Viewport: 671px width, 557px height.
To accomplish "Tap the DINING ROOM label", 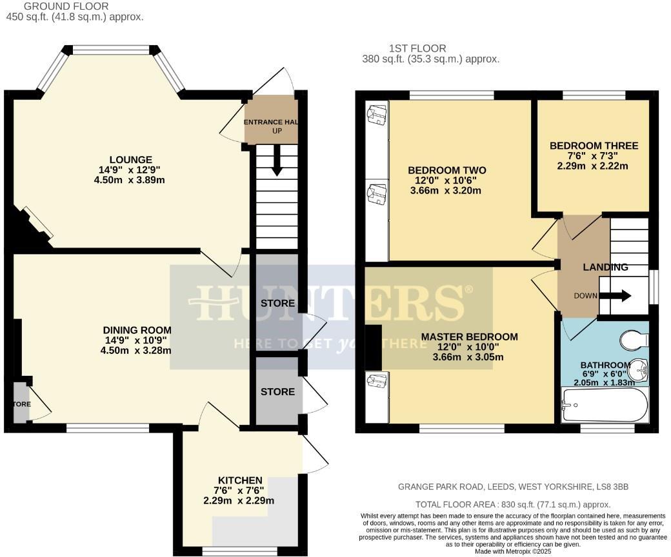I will coord(135,331).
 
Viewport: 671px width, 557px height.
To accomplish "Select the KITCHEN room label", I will coord(239,480).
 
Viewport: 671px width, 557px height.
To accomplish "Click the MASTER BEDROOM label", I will coord(469,337).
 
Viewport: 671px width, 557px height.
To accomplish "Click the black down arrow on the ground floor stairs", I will coord(277,161).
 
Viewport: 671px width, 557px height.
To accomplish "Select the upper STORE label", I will coord(277,303).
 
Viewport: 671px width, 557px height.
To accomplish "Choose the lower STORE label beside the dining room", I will coord(277,391).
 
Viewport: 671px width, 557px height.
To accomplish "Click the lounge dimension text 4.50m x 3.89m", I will coord(129,180).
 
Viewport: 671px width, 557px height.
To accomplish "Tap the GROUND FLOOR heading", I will coord(57,6).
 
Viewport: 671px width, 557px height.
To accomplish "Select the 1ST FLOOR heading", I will coord(417,48).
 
